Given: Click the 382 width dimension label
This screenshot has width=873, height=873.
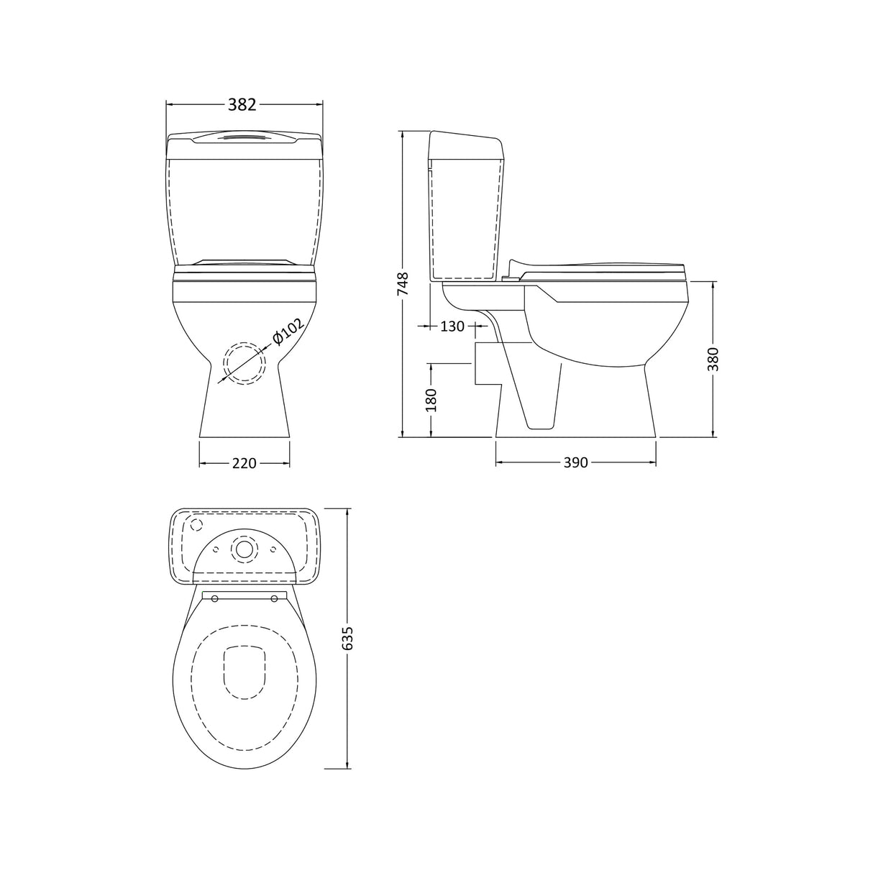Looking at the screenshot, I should pyautogui.click(x=242, y=105).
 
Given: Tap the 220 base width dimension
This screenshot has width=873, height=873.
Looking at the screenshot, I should pyautogui.click(x=244, y=464).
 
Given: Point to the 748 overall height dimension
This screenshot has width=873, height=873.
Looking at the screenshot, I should pyautogui.click(x=403, y=285).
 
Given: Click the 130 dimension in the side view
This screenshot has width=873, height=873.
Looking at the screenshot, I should pyautogui.click(x=452, y=326).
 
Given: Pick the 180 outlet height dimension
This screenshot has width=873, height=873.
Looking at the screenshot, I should pyautogui.click(x=431, y=400).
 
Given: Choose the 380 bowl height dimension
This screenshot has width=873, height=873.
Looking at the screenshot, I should pyautogui.click(x=713, y=359).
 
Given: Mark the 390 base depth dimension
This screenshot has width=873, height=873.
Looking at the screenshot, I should pyautogui.click(x=576, y=463).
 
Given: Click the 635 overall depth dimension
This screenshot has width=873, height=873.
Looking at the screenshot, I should pyautogui.click(x=349, y=639).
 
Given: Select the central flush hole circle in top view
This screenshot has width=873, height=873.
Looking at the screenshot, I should pyautogui.click(x=244, y=549).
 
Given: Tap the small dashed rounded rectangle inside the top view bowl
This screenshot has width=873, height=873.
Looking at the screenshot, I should pyautogui.click(x=244, y=672).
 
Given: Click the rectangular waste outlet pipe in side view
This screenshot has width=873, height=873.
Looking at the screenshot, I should pyautogui.click(x=487, y=364).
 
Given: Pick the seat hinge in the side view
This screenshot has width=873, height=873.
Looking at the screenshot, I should pyautogui.click(x=513, y=269).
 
